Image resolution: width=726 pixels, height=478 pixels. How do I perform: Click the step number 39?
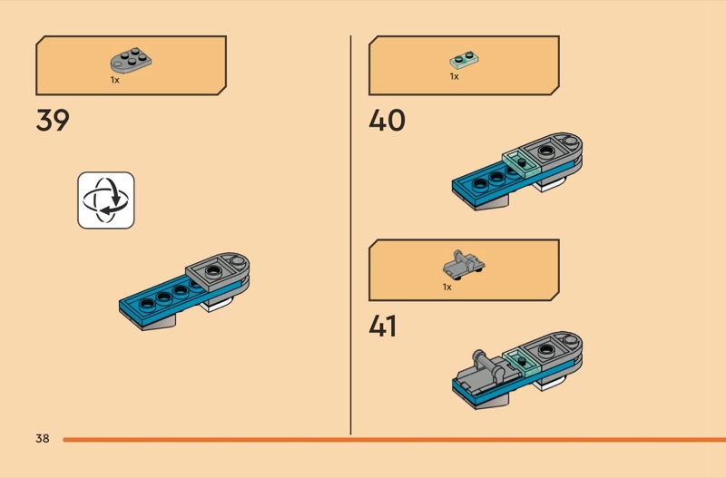(x=53, y=121)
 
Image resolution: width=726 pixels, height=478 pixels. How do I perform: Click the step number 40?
(x=387, y=121)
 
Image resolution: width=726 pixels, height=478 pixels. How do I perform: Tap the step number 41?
(x=382, y=326)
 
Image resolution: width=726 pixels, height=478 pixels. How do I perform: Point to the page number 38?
(x=43, y=439)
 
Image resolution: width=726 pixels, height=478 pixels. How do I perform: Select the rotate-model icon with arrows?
(x=105, y=200)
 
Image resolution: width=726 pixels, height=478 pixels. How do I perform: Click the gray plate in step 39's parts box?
(x=131, y=62)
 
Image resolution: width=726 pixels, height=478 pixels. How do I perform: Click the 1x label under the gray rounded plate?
(x=115, y=80)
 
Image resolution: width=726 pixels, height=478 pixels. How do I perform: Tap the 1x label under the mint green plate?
(x=454, y=77)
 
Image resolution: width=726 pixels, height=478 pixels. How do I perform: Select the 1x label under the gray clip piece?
(x=447, y=287)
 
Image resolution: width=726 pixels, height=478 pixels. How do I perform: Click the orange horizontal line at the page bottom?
(x=390, y=440)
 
